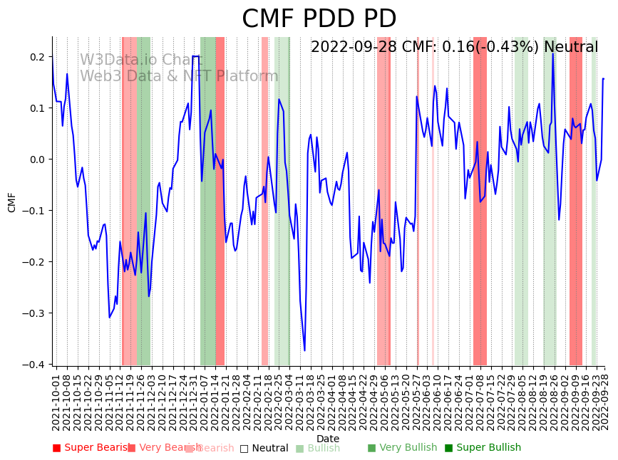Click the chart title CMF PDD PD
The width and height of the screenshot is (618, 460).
(319, 19)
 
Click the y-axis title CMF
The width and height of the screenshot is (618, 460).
(12, 202)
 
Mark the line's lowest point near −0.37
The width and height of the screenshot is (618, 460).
(304, 350)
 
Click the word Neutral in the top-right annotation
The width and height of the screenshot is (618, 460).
(571, 48)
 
